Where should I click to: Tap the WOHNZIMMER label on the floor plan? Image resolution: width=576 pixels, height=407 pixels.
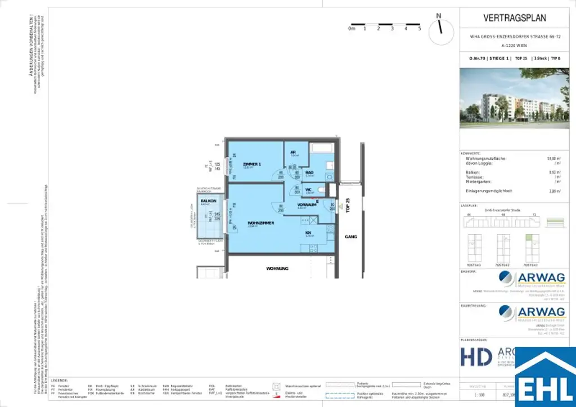tap(261, 223)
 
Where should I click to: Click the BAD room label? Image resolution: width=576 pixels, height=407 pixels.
tap(309, 173)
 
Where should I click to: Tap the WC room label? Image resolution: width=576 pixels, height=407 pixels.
tap(309, 189)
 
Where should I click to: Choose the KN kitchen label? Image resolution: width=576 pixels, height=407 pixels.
tap(309, 232)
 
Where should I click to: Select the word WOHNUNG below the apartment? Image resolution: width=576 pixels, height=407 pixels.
tap(277, 269)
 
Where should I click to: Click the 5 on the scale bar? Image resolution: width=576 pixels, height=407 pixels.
tap(420, 28)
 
